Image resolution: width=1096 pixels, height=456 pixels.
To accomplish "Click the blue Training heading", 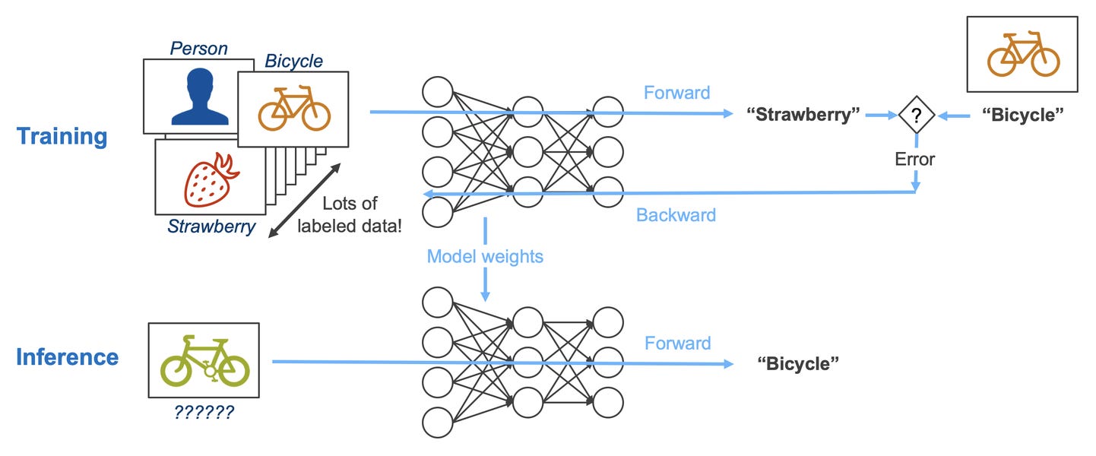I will pos(62,137).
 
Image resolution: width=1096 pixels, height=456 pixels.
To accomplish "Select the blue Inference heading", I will pos(67,357).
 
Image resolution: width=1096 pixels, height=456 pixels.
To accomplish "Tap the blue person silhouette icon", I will pos(199,97).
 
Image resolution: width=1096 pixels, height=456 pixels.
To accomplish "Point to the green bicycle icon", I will pos(204,362).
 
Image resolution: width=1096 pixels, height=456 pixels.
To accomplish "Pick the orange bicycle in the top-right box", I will pos(1022,54).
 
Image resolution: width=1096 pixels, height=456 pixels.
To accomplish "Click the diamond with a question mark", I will pos(916,116).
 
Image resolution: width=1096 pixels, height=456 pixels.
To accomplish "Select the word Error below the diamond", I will pos(915,159).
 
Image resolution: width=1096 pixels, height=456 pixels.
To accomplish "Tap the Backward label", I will pos(676,215).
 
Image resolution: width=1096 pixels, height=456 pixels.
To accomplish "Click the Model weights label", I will pos(485,256).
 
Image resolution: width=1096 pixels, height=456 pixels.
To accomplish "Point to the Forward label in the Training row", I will pos(676,93).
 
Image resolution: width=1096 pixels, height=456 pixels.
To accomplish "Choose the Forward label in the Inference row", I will pos(677,344).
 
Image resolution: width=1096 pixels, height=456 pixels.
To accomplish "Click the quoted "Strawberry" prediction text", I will pos(803,116).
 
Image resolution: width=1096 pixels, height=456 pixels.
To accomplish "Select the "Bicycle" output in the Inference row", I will pos(798,364).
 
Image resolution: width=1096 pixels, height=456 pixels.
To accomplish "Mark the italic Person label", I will pos(198,49).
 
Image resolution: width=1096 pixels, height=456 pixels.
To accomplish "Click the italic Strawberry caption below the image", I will pos(211,226).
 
